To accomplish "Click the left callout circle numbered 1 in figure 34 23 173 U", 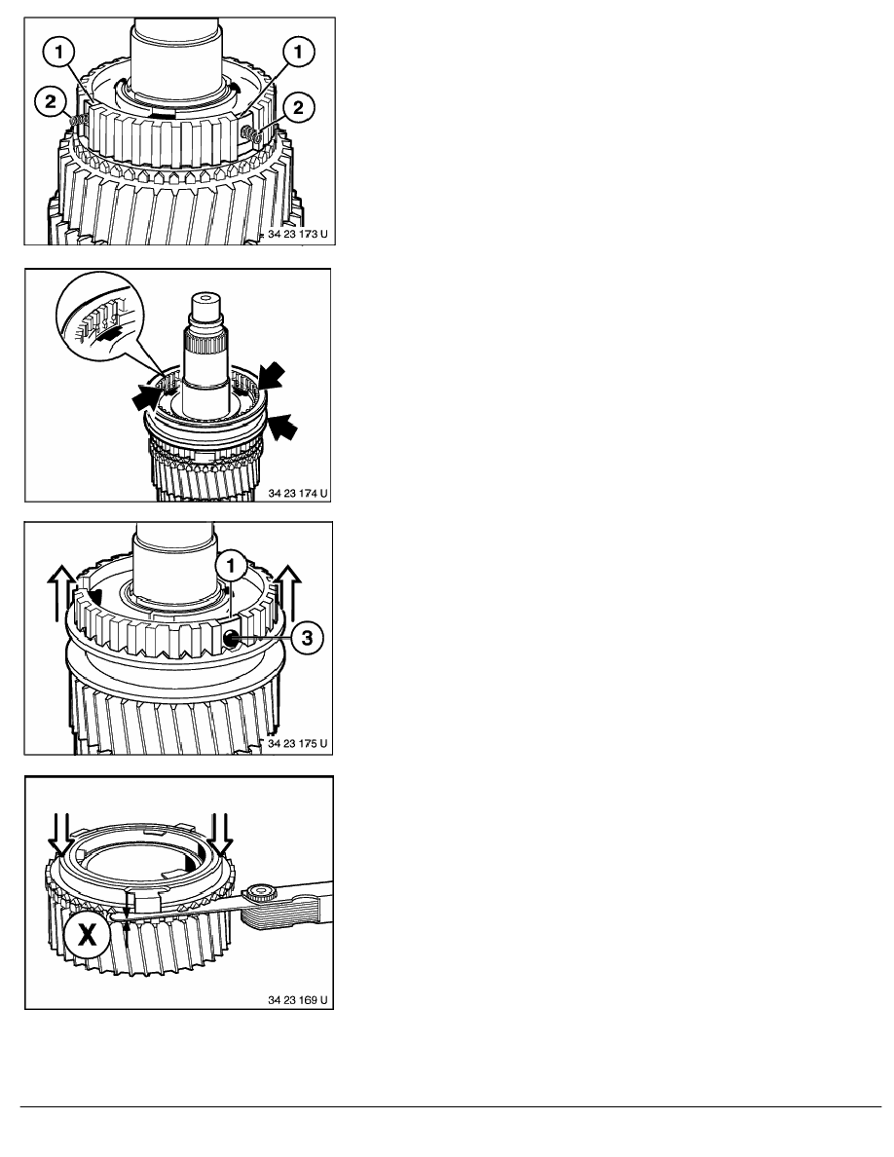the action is click(58, 52).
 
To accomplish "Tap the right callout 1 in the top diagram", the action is click(298, 51).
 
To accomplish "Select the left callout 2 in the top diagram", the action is click(51, 101).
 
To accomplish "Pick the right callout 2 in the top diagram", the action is click(298, 108).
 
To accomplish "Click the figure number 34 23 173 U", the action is click(298, 234).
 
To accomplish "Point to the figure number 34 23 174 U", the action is click(298, 493).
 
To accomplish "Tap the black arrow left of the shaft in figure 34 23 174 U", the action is click(150, 397).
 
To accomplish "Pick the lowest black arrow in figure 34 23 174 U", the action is click(282, 426).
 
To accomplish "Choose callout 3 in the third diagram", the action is click(307, 637).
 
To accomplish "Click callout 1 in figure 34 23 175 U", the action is click(232, 567).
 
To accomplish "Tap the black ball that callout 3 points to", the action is click(231, 638).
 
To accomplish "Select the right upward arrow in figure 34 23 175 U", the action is click(288, 591).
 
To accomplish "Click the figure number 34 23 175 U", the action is click(298, 743).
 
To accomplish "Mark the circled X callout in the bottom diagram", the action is click(87, 935).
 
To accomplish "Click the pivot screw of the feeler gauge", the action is click(260, 894).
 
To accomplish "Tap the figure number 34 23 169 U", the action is click(298, 1000).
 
